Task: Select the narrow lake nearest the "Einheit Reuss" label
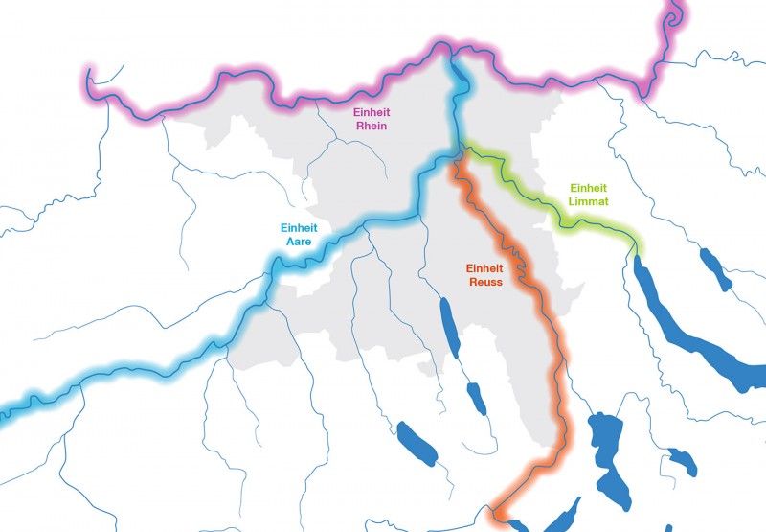coord(446,316)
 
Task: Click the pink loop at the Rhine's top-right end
coord(674,14)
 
